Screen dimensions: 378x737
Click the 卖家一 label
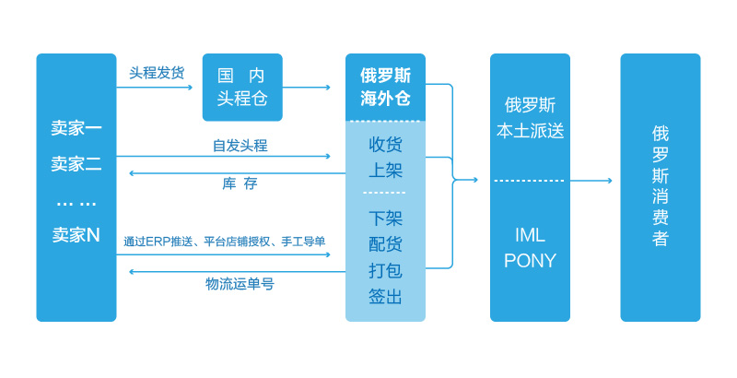(x=76, y=129)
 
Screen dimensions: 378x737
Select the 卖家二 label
(x=76, y=164)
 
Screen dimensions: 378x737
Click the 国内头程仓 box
(x=242, y=87)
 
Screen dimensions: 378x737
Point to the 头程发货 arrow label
(x=157, y=72)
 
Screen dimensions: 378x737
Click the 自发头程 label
(x=240, y=145)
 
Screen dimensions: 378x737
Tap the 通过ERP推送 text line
(x=225, y=242)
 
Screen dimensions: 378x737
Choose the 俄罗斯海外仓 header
(x=385, y=87)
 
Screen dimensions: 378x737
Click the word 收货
(x=385, y=145)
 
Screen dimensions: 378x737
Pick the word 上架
(x=385, y=171)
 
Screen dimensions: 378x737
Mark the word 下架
(x=385, y=219)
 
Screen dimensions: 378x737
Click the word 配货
(x=385, y=244)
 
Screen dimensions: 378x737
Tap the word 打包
(x=385, y=270)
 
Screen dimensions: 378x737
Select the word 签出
(x=385, y=296)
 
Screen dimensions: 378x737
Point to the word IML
(x=530, y=234)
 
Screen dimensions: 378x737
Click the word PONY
(x=530, y=261)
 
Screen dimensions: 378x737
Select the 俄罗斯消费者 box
(x=660, y=187)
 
